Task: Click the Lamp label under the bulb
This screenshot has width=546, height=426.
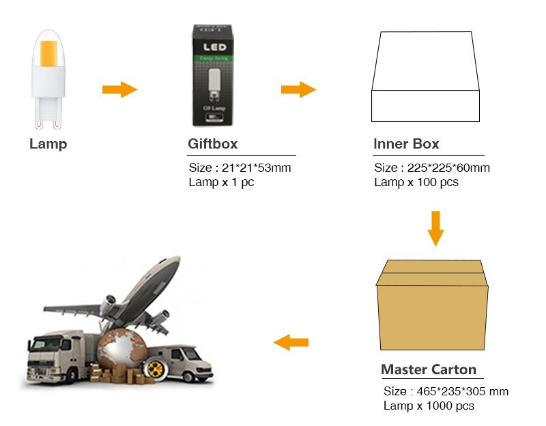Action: tap(48, 144)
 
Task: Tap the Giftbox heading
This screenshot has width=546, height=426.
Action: tap(212, 144)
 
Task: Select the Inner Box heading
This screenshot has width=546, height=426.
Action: tap(406, 144)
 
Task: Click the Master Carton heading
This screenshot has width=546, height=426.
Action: tap(429, 370)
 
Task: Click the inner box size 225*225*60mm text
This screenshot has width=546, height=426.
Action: tap(432, 168)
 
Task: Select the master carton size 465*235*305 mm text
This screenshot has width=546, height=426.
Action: tap(446, 391)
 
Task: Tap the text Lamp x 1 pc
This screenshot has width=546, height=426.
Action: tap(221, 183)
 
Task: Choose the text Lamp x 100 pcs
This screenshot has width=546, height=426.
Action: tap(416, 183)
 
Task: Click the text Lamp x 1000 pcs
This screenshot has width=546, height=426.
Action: tap(429, 406)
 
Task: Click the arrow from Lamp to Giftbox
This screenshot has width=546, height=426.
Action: tap(119, 89)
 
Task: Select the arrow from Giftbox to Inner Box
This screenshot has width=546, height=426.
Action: tap(298, 89)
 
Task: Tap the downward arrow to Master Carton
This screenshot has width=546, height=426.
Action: tap(435, 228)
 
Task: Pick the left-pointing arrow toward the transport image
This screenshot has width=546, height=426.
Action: tap(291, 342)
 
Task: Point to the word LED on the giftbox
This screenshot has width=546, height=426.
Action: tap(212, 49)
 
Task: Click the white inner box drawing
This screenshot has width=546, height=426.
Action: tap(425, 78)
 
